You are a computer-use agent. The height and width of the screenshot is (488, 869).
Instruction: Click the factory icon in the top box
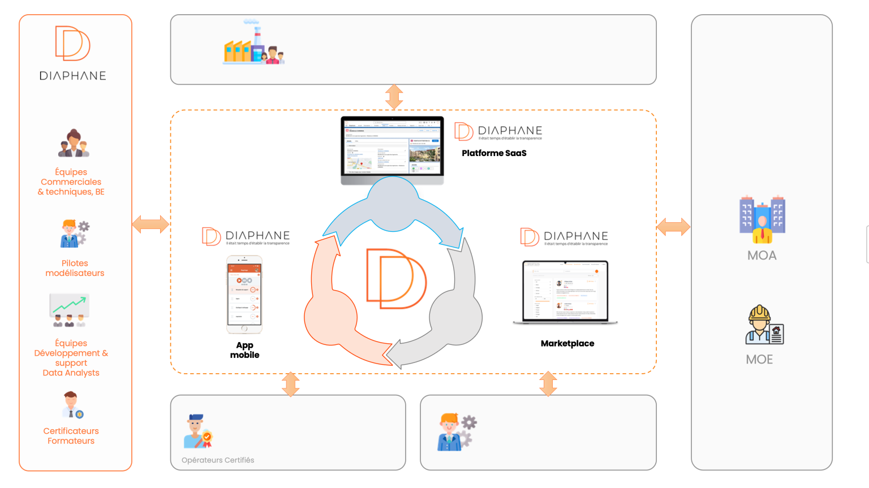click(x=253, y=45)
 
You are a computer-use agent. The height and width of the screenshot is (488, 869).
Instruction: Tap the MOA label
click(x=762, y=256)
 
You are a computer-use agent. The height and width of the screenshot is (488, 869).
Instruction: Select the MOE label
click(x=759, y=360)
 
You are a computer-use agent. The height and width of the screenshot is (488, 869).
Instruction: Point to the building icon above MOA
click(x=762, y=219)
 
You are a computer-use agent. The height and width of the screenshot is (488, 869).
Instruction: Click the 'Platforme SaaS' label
click(x=494, y=153)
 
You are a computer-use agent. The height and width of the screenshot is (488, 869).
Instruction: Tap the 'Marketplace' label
click(x=567, y=343)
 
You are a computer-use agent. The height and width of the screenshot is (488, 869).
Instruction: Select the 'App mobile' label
click(x=244, y=350)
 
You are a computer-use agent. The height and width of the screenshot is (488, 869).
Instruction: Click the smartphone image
click(x=244, y=294)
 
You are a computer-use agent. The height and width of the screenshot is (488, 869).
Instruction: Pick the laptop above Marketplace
click(x=565, y=292)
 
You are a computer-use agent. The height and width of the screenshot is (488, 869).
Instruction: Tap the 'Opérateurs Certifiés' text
click(x=218, y=460)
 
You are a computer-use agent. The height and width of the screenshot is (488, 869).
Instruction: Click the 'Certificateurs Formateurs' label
click(x=71, y=436)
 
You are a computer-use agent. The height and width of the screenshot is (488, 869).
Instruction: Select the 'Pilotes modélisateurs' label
click(x=75, y=268)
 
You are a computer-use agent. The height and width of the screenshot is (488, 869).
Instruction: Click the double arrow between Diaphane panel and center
click(x=150, y=224)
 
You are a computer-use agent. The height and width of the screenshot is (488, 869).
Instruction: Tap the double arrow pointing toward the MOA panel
click(x=673, y=227)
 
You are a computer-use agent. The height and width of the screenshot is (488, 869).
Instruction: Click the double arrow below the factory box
click(x=394, y=97)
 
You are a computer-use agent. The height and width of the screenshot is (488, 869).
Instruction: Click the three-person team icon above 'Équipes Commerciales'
click(x=74, y=144)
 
